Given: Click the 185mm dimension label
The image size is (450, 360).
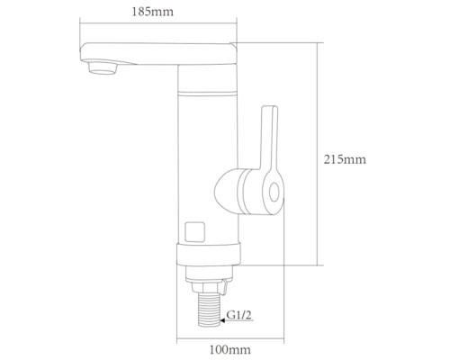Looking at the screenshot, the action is pos(153,12).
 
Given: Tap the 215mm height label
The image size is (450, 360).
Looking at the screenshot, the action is pos(345,159).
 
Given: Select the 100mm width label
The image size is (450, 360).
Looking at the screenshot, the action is pos(229,350).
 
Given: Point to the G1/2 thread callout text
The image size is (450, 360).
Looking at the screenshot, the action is pos(239,315).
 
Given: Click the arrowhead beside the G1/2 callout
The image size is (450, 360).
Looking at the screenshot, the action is pos(222,320).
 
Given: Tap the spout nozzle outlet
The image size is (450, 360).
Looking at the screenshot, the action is pos(102,67).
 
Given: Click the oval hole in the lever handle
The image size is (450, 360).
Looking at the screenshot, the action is pos(274,193).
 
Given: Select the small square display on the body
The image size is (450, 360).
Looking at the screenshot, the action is pos(195,231).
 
